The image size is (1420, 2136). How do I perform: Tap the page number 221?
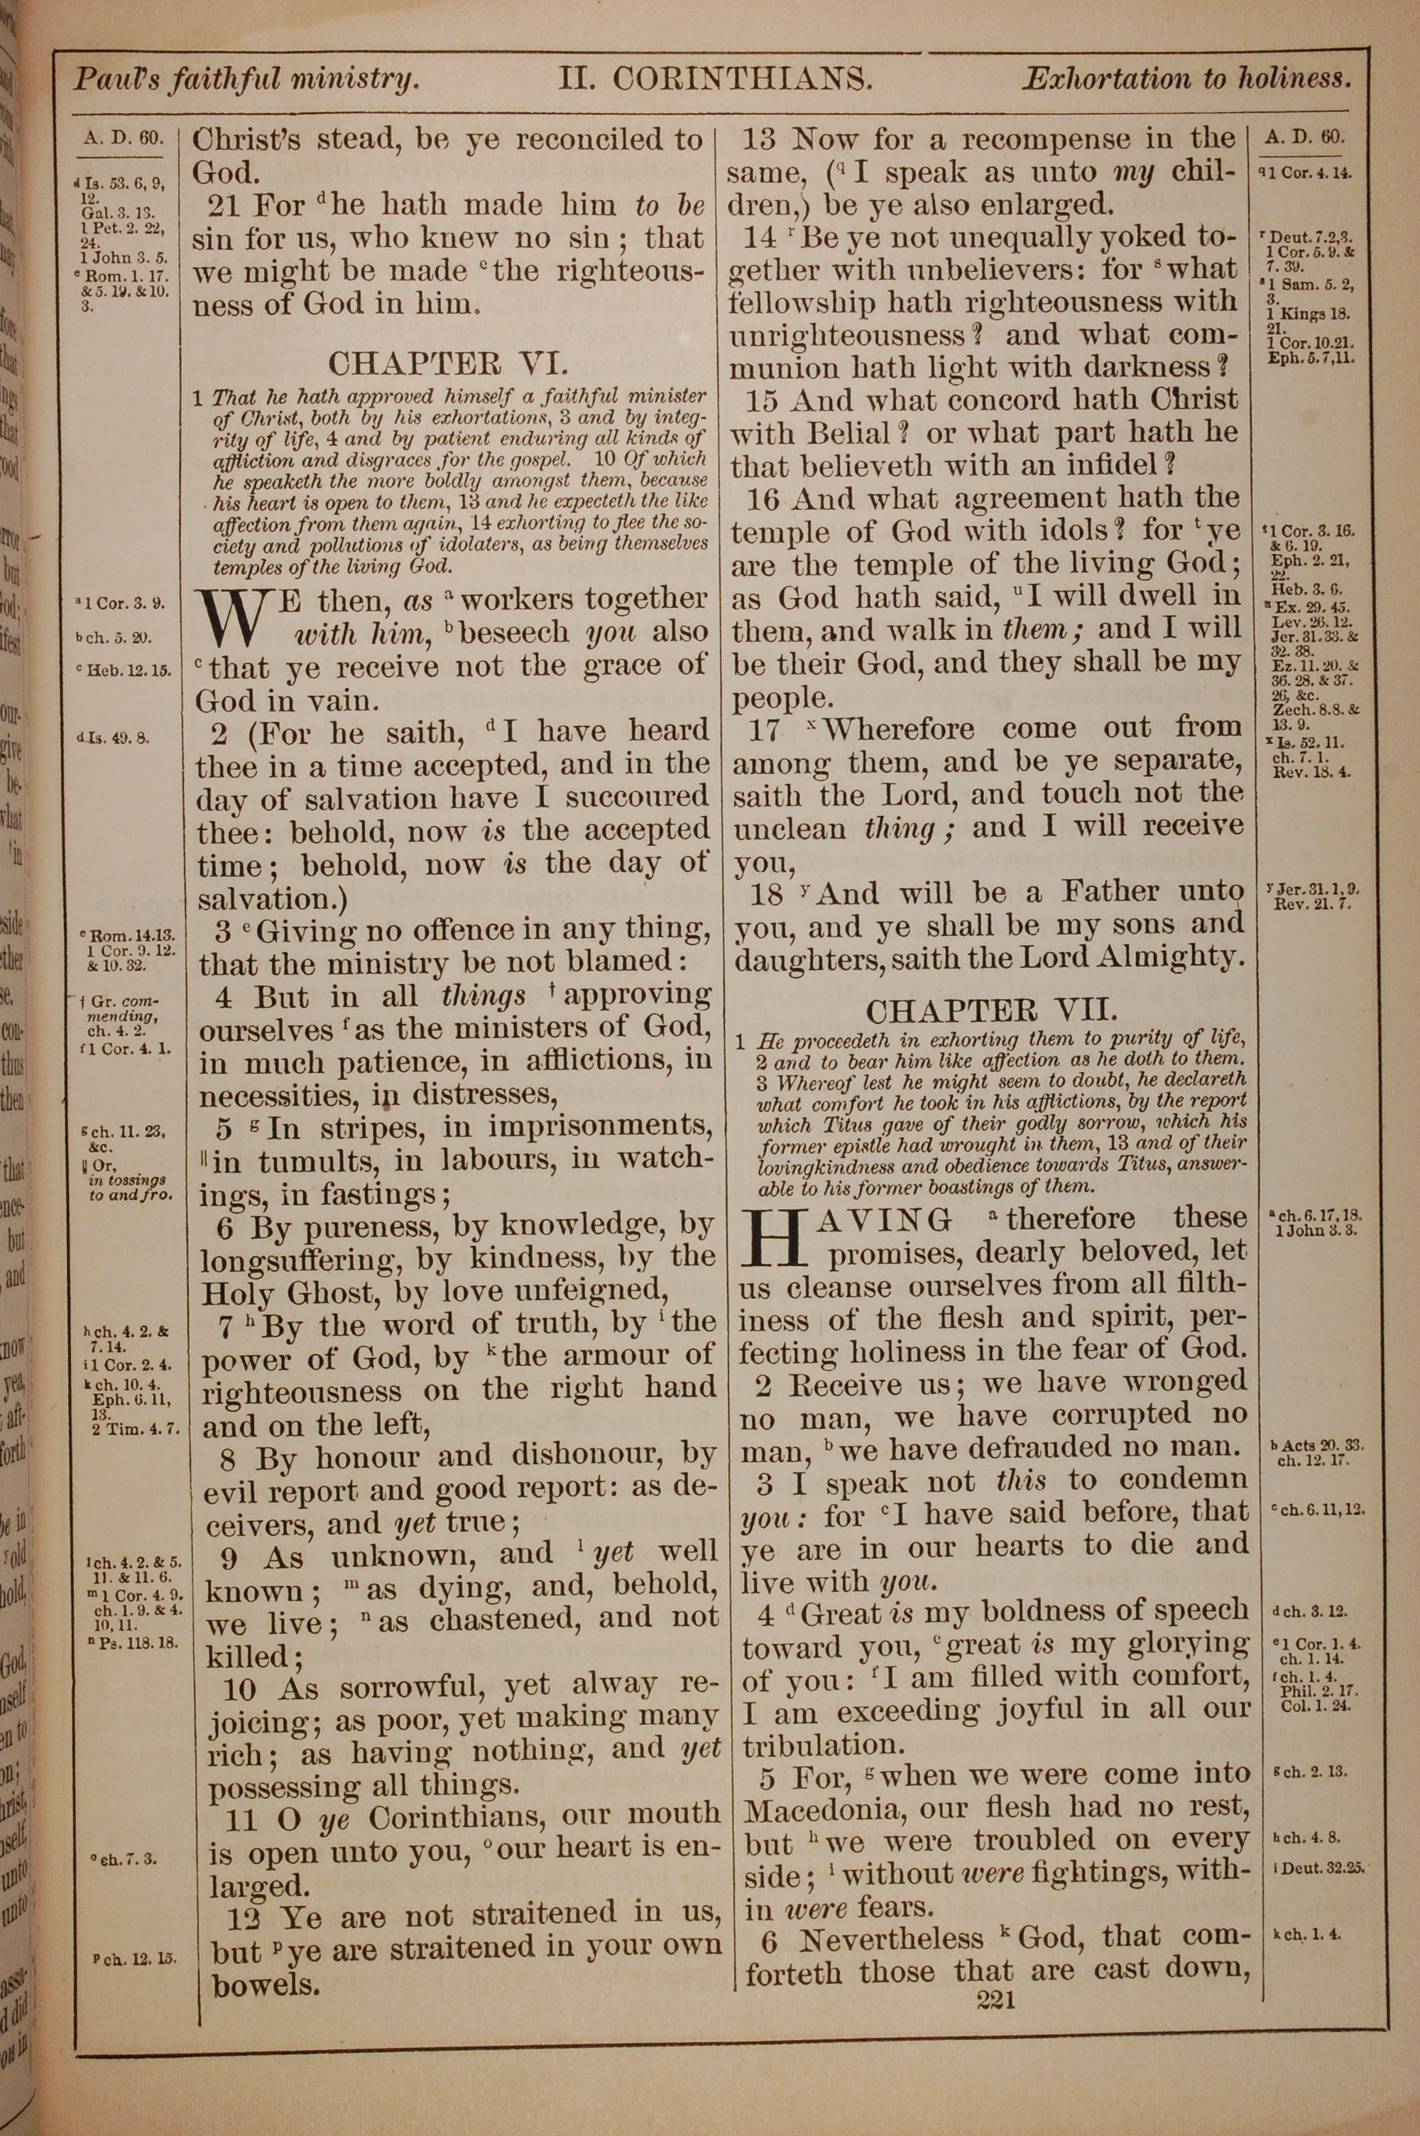pyautogui.click(x=996, y=2000)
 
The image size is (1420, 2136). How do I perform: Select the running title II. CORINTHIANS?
pyautogui.click(x=716, y=80)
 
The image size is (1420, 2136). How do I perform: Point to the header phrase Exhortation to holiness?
pyautogui.click(x=1186, y=79)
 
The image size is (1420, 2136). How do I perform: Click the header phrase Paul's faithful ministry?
pyautogui.click(x=246, y=80)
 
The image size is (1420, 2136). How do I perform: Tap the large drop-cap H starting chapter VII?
pyautogui.click(x=775, y=1237)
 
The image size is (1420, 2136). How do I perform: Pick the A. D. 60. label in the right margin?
pyautogui.click(x=1304, y=138)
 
